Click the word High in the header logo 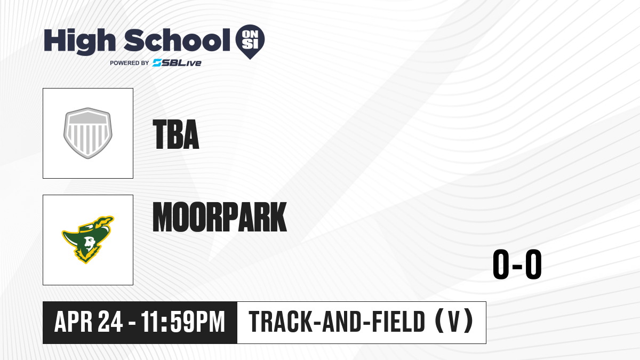tap(79, 41)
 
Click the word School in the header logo tap(177, 39)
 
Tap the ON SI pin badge tap(250, 42)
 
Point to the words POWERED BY tap(130, 63)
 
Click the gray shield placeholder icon tap(87, 133)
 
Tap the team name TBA tap(175, 134)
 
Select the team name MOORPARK tap(219, 217)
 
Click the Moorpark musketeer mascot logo tap(87, 239)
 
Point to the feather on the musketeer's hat tap(105, 221)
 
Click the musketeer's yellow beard tap(86, 254)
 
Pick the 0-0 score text tap(517, 265)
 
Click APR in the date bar tap(73, 322)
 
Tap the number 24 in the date tap(110, 322)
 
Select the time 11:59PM tap(183, 322)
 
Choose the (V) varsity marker tap(454, 322)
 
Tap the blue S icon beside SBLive tap(157, 63)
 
